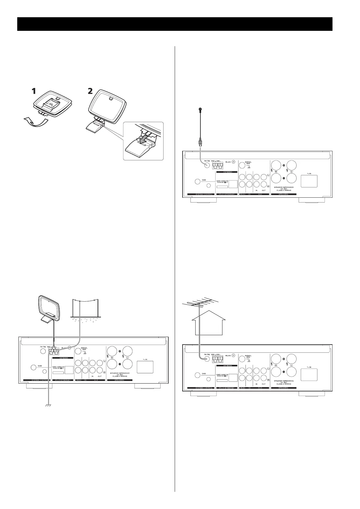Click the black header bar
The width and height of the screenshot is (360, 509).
(175, 24)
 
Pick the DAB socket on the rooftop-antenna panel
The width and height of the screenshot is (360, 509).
(197, 375)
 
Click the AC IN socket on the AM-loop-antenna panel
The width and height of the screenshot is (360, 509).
(145, 367)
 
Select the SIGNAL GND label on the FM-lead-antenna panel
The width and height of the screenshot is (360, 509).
(248, 163)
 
